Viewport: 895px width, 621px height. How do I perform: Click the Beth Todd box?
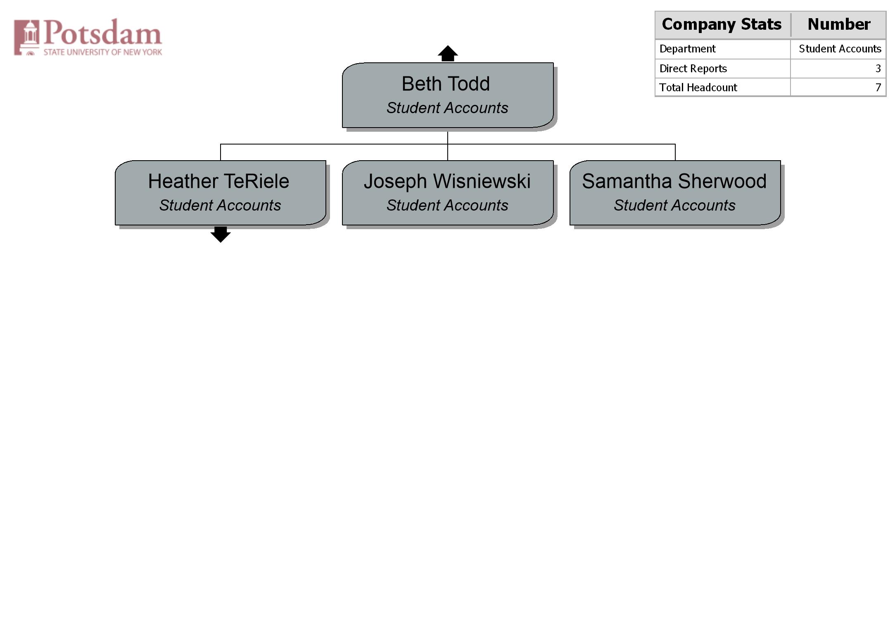click(448, 95)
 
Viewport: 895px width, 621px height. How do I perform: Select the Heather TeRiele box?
click(221, 193)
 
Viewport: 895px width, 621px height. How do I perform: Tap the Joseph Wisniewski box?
click(448, 193)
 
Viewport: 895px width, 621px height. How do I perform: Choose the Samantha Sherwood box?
click(675, 193)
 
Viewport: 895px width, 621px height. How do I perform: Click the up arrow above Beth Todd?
click(448, 54)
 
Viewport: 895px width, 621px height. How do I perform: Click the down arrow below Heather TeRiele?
click(221, 235)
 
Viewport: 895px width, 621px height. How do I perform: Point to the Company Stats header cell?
click(722, 25)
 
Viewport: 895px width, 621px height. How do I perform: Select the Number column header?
click(839, 25)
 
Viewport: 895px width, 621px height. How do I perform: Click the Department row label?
click(687, 49)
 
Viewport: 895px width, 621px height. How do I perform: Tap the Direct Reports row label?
click(693, 69)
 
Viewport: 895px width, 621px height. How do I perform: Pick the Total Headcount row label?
click(698, 88)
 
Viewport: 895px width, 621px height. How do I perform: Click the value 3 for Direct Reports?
click(878, 69)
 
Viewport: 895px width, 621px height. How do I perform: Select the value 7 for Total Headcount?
click(878, 88)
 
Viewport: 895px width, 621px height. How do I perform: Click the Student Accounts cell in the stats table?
click(840, 49)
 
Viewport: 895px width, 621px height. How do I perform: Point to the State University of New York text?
click(103, 52)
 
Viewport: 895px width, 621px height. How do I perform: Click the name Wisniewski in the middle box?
click(482, 181)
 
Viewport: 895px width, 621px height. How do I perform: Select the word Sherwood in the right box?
click(722, 181)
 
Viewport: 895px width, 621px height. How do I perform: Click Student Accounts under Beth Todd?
click(447, 108)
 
